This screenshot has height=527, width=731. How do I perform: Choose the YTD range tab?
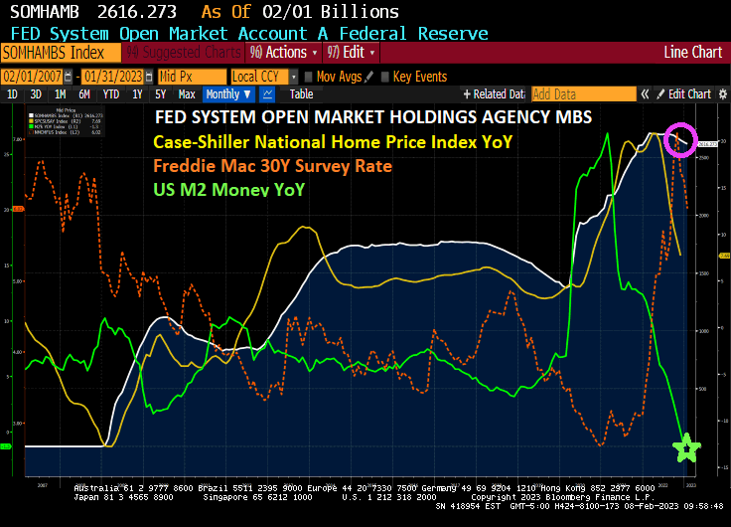point(110,94)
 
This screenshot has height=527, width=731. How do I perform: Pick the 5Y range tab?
point(159,94)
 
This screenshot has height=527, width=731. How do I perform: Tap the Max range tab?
point(186,94)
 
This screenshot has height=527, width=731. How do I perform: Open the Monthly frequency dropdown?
point(227,94)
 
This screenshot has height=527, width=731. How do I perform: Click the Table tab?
point(301,94)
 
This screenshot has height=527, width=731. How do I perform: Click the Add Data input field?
point(580,94)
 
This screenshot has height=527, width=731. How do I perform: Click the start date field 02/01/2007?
point(33,77)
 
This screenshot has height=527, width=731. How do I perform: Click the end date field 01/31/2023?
point(114,77)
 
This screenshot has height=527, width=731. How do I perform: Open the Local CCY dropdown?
point(262,77)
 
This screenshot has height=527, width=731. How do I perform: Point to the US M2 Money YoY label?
point(227,189)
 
